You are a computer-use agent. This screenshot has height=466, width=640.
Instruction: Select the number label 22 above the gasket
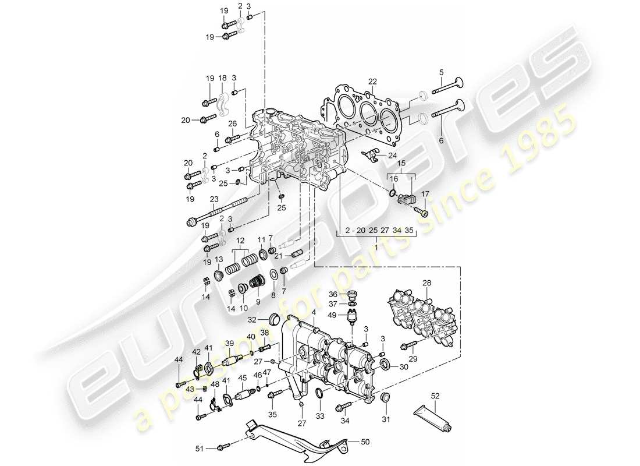tap(372, 81)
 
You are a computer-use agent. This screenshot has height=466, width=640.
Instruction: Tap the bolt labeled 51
tap(222, 447)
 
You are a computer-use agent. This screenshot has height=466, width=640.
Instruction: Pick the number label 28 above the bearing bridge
tap(428, 284)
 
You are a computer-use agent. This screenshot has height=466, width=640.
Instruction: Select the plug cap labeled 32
tap(273, 319)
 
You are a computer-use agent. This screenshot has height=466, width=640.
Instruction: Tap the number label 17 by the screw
tap(425, 194)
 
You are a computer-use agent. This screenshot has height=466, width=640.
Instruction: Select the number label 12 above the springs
tap(240, 241)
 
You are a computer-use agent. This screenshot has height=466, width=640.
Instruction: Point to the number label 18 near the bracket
tap(222, 78)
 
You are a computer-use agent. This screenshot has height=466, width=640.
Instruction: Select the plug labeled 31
tap(384, 398)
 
